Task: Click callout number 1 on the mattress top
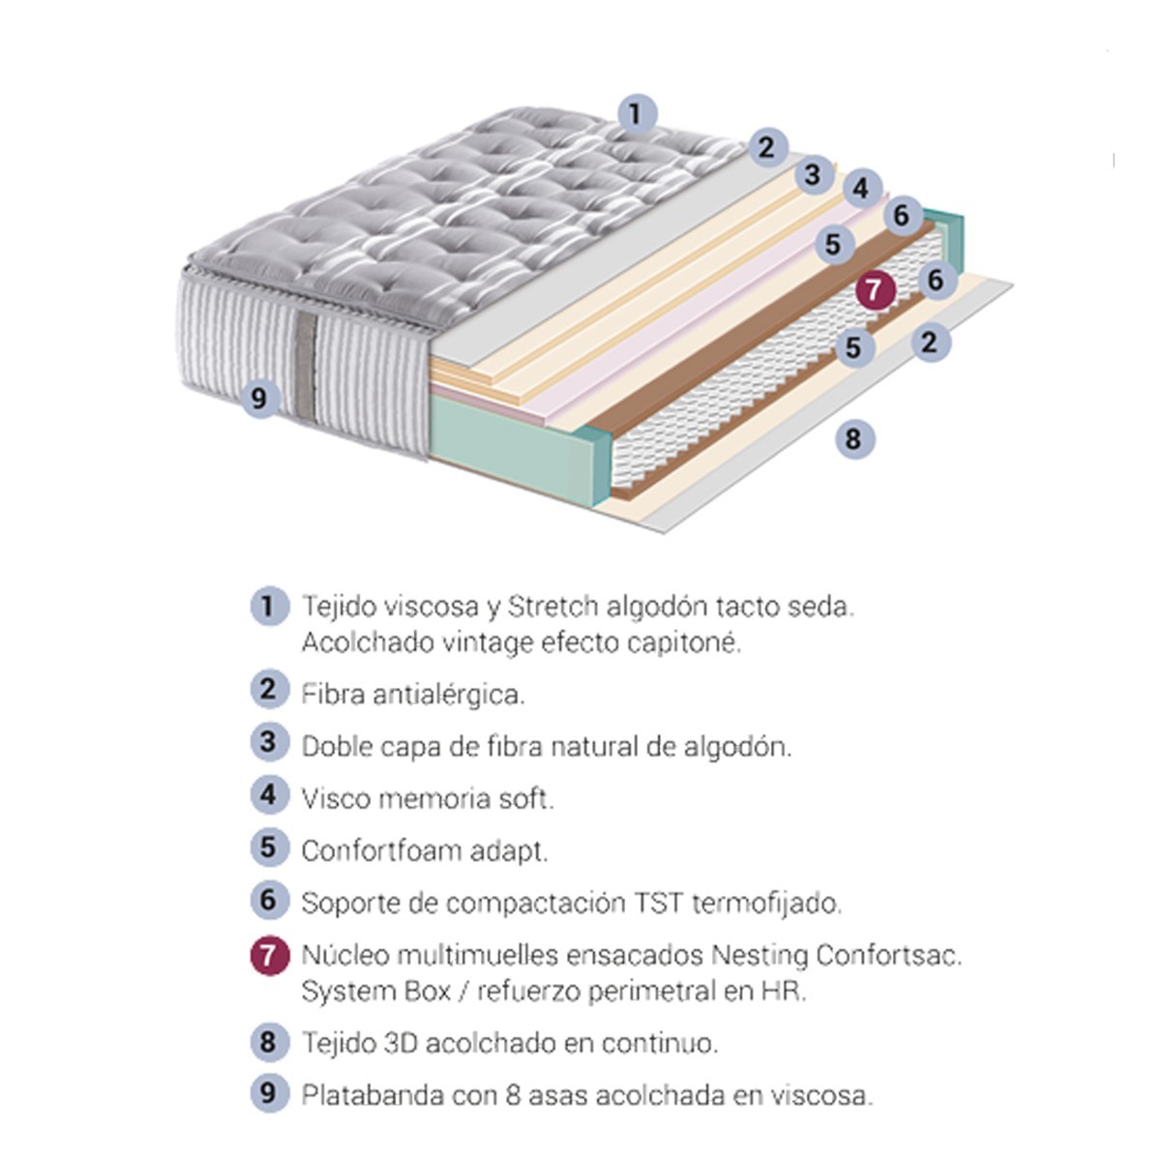coord(638,114)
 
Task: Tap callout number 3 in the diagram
coord(814,175)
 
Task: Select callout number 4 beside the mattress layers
coord(862,190)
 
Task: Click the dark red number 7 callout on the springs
coord(875,290)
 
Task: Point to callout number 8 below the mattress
coord(854,438)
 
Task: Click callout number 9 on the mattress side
coord(260,399)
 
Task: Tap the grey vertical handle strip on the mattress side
coord(306,367)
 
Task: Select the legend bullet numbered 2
coord(269,689)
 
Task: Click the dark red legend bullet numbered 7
coord(269,956)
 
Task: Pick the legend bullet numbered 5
coord(269,848)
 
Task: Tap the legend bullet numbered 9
coord(269,1093)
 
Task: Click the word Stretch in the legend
coord(552,607)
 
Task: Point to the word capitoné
coord(684,643)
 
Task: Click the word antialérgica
coord(449,696)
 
